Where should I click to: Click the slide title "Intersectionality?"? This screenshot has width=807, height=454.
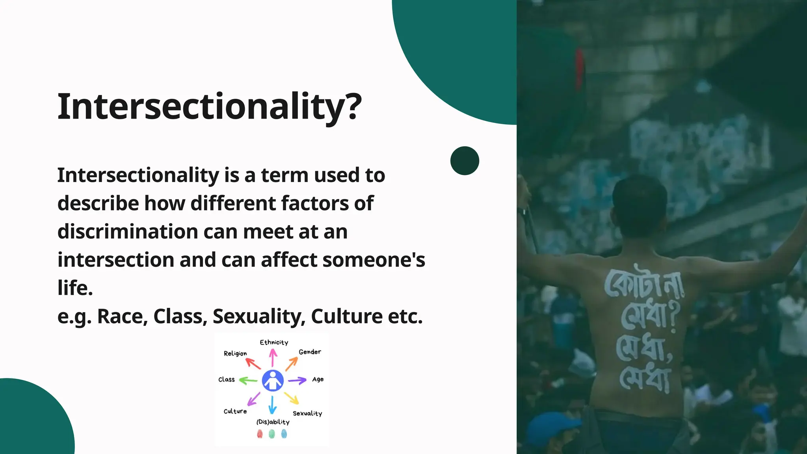click(209, 107)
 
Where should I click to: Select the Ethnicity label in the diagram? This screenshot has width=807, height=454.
click(274, 342)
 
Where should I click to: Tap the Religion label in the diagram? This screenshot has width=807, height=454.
click(235, 354)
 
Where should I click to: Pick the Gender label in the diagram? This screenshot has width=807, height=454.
click(310, 352)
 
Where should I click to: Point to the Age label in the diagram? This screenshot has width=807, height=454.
click(318, 380)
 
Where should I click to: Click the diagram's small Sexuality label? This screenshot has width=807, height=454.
click(307, 413)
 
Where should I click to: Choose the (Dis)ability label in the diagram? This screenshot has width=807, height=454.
click(273, 422)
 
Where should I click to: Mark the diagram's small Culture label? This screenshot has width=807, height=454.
click(235, 411)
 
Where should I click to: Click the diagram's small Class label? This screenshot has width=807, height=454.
click(227, 380)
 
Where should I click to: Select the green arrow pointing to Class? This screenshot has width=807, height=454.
click(248, 381)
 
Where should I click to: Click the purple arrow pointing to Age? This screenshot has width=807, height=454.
click(297, 381)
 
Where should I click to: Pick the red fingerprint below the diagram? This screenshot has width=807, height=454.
click(260, 434)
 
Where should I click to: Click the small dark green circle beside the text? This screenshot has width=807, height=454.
click(465, 161)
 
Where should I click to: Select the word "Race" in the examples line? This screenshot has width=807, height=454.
click(122, 316)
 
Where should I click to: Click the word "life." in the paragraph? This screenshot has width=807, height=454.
click(75, 288)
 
